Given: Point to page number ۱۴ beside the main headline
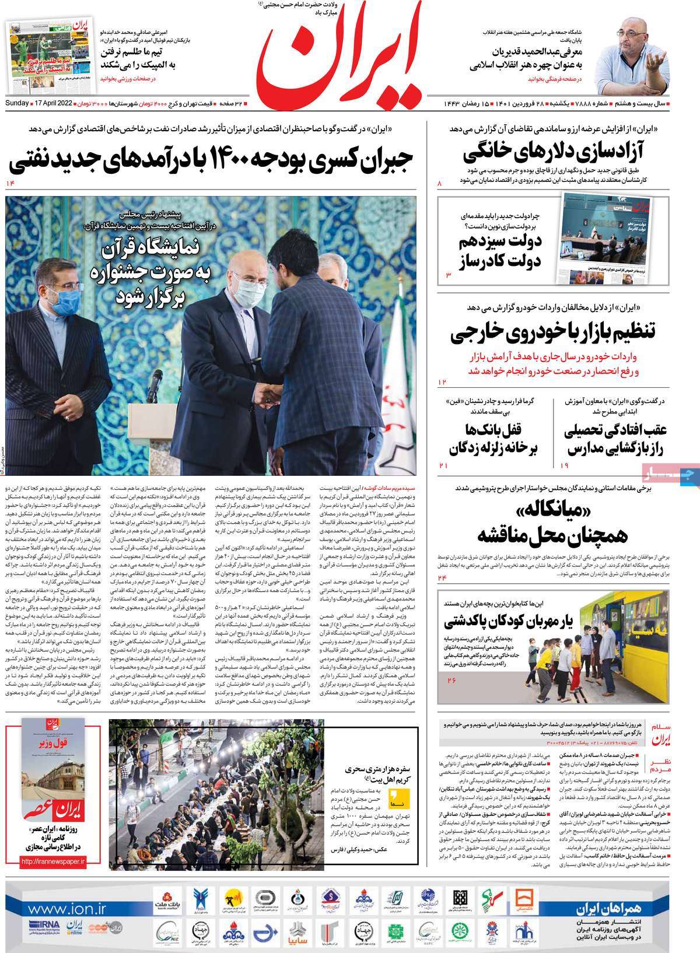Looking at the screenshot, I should pyautogui.click(x=10, y=184).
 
